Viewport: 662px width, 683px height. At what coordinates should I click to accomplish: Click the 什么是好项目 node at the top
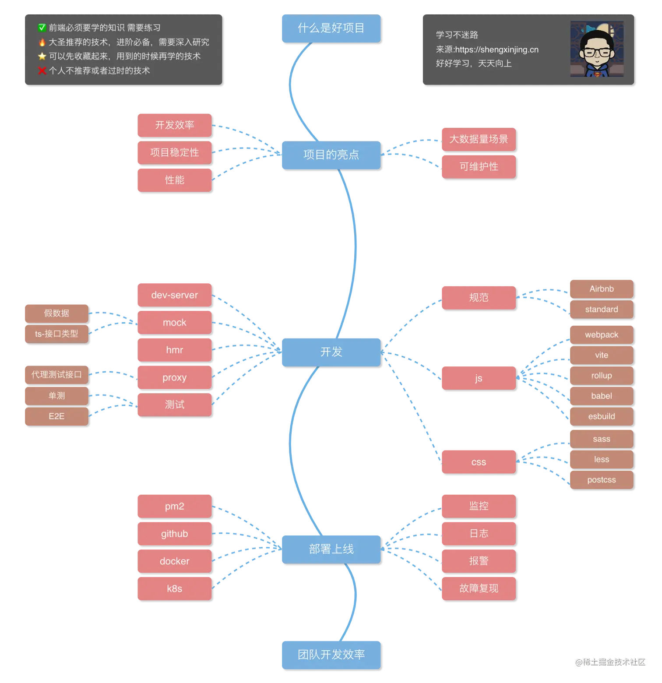pyautogui.click(x=331, y=28)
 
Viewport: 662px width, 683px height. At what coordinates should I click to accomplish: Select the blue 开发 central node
pyautogui.click(x=331, y=352)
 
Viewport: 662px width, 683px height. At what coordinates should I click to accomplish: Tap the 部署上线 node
pyautogui.click(x=331, y=549)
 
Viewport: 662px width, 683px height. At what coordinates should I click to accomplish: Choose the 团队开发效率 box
pyautogui.click(x=331, y=654)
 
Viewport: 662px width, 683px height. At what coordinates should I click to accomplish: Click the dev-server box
pyautogui.click(x=174, y=295)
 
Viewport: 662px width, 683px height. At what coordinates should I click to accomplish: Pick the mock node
pyautogui.click(x=174, y=322)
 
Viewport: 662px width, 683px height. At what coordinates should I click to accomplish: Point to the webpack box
pyautogui.click(x=601, y=334)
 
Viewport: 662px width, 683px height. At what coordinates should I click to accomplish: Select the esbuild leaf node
pyautogui.click(x=601, y=416)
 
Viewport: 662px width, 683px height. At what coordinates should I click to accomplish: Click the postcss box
pyautogui.click(x=601, y=479)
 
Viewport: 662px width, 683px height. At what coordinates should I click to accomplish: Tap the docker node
pyautogui.click(x=174, y=561)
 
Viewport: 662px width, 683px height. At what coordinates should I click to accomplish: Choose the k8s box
pyautogui.click(x=174, y=588)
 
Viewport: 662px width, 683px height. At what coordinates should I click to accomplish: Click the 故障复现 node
pyautogui.click(x=478, y=588)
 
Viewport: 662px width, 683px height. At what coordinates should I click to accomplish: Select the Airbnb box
pyautogui.click(x=601, y=289)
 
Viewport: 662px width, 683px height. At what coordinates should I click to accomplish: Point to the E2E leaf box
pyautogui.click(x=56, y=416)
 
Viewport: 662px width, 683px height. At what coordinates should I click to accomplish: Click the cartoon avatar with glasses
pyautogui.click(x=596, y=49)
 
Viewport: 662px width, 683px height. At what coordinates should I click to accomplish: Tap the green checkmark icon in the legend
pyautogui.click(x=42, y=28)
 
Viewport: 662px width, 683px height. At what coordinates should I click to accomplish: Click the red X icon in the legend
pyautogui.click(x=42, y=70)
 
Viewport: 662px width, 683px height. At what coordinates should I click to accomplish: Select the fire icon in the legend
pyautogui.click(x=42, y=42)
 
